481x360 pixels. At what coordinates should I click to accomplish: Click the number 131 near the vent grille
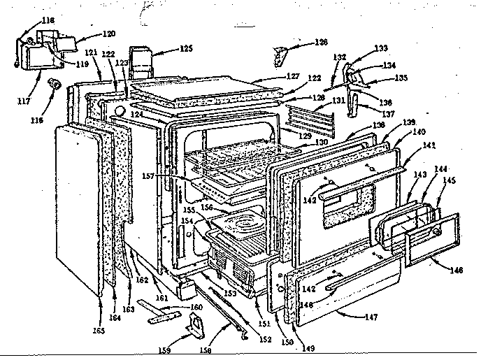point(339,100)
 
